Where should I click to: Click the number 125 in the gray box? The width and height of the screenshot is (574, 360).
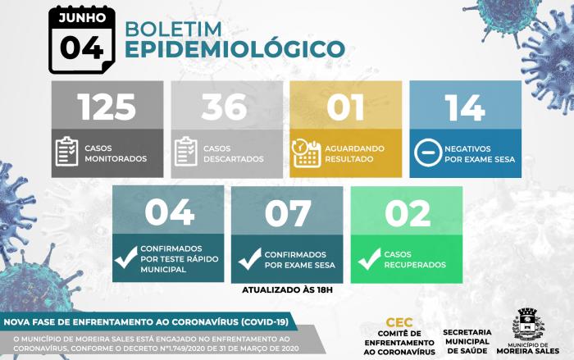107,107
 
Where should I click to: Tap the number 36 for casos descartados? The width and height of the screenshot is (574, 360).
224,107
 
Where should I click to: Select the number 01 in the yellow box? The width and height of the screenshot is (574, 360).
345,107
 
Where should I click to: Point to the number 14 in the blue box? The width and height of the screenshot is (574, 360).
465,107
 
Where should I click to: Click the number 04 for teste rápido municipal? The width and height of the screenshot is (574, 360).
169,212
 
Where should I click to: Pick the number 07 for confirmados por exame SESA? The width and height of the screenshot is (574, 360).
288,212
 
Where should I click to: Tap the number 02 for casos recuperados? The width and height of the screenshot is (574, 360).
408,212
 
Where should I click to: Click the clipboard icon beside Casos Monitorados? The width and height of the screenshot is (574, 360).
67,151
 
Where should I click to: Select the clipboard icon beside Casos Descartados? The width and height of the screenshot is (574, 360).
186,151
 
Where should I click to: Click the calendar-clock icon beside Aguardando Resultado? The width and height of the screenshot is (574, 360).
307,153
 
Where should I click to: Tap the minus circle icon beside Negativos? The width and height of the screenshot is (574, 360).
428,153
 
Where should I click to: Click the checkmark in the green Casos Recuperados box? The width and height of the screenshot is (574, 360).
369,258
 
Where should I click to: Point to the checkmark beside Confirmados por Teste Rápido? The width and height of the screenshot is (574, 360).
126,257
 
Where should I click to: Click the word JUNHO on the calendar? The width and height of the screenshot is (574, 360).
82,17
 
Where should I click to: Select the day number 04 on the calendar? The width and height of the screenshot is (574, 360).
82,48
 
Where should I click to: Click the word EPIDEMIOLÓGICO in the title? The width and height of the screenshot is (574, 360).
235,48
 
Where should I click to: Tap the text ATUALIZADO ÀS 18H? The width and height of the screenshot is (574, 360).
287,290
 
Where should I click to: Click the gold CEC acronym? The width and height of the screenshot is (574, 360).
399,322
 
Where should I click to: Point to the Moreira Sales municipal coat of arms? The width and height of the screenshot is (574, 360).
528,325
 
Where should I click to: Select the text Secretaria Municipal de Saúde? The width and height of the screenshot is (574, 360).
467,341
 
